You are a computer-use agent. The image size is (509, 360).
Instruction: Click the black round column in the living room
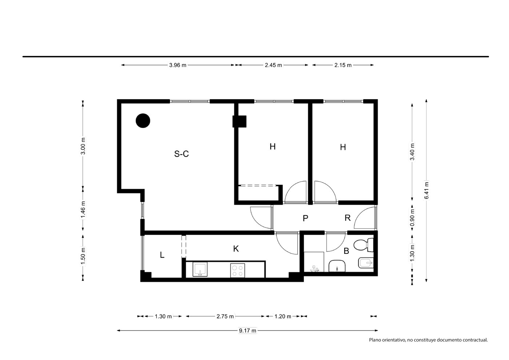pos(143,121)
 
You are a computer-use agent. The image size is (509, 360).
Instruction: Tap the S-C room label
pos(181,154)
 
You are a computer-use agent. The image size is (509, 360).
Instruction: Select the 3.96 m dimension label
pos(178,65)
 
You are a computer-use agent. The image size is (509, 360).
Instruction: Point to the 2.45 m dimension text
pos(273,65)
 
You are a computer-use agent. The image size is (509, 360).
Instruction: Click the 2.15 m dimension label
pos(343,65)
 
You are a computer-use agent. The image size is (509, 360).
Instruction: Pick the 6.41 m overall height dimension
pos(426,190)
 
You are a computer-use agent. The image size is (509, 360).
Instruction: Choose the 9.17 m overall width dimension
pos(247,331)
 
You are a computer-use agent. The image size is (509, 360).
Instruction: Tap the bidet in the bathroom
pos(366,263)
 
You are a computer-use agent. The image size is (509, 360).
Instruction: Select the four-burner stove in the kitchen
pos(238,270)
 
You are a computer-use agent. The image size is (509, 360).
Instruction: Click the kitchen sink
pos(200,269)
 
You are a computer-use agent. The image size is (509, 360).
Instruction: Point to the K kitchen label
pos(236,249)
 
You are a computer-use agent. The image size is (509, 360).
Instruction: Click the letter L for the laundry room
pos(162,255)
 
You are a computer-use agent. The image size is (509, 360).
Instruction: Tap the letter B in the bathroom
pos(346,251)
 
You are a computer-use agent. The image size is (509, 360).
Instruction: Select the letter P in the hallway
pos(305,218)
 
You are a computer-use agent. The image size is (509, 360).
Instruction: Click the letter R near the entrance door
pos(347,218)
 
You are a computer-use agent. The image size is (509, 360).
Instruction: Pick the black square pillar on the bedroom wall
pos(239,121)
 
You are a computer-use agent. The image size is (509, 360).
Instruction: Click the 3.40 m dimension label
pos(412,152)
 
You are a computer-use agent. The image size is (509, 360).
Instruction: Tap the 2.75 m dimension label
pos(225,316)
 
